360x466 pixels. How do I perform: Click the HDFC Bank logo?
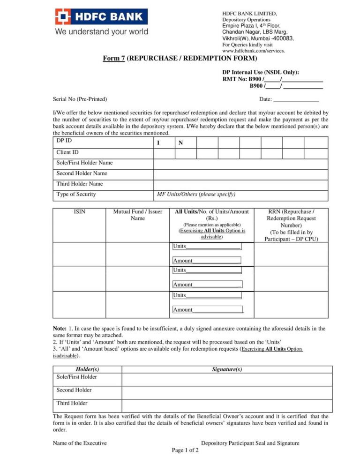click(101, 17)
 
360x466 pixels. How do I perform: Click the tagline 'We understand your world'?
click(102, 32)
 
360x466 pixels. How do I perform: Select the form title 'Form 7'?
click(114, 58)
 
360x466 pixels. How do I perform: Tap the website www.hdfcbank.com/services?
click(253, 51)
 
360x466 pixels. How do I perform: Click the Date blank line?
click(296, 99)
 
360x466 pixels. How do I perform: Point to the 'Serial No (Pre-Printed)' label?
click(80, 99)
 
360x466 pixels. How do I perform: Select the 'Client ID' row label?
click(67, 152)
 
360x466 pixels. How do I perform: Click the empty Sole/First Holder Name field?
click(240, 164)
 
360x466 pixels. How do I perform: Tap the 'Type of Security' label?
click(76, 195)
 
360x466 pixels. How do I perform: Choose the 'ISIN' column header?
click(80, 212)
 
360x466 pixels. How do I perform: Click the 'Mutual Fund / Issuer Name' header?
click(138, 215)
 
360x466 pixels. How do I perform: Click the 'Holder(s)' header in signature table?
click(87, 369)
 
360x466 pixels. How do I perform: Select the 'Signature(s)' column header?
click(227, 369)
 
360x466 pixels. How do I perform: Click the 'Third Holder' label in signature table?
click(72, 403)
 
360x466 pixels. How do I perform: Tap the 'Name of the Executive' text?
click(80, 443)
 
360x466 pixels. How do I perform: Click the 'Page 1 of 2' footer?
click(185, 451)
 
